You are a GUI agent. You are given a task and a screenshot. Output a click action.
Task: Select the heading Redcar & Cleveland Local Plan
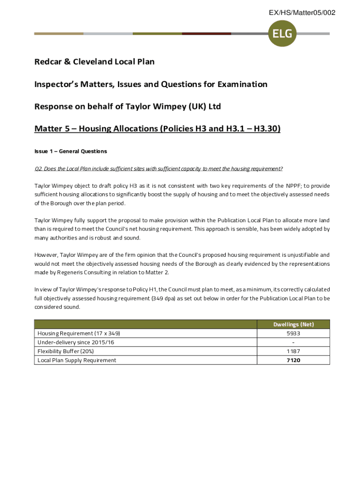point(94,62)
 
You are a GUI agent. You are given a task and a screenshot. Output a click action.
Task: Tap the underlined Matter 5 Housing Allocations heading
point(157,129)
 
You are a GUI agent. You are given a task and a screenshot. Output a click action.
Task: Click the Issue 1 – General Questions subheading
point(71,151)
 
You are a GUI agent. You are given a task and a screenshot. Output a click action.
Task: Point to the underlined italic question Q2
point(158,168)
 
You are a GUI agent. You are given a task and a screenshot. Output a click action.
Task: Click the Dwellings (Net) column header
point(294,324)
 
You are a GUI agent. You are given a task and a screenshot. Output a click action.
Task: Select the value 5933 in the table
point(294,334)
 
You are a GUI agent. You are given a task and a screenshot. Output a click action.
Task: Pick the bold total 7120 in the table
point(294,360)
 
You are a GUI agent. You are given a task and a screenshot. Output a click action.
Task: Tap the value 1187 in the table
point(294,351)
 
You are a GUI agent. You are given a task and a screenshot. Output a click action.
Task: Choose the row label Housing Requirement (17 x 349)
point(79,334)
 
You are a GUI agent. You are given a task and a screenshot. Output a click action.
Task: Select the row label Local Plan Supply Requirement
point(77,360)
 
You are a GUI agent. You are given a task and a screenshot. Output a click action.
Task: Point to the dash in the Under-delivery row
point(294,342)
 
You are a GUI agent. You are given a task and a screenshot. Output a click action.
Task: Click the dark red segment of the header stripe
point(206,34)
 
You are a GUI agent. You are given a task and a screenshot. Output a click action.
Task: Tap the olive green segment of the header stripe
point(157,34)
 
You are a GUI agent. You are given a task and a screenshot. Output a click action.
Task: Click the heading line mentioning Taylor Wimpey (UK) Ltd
point(128,107)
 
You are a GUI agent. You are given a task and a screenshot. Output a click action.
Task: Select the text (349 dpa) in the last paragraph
point(164,298)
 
